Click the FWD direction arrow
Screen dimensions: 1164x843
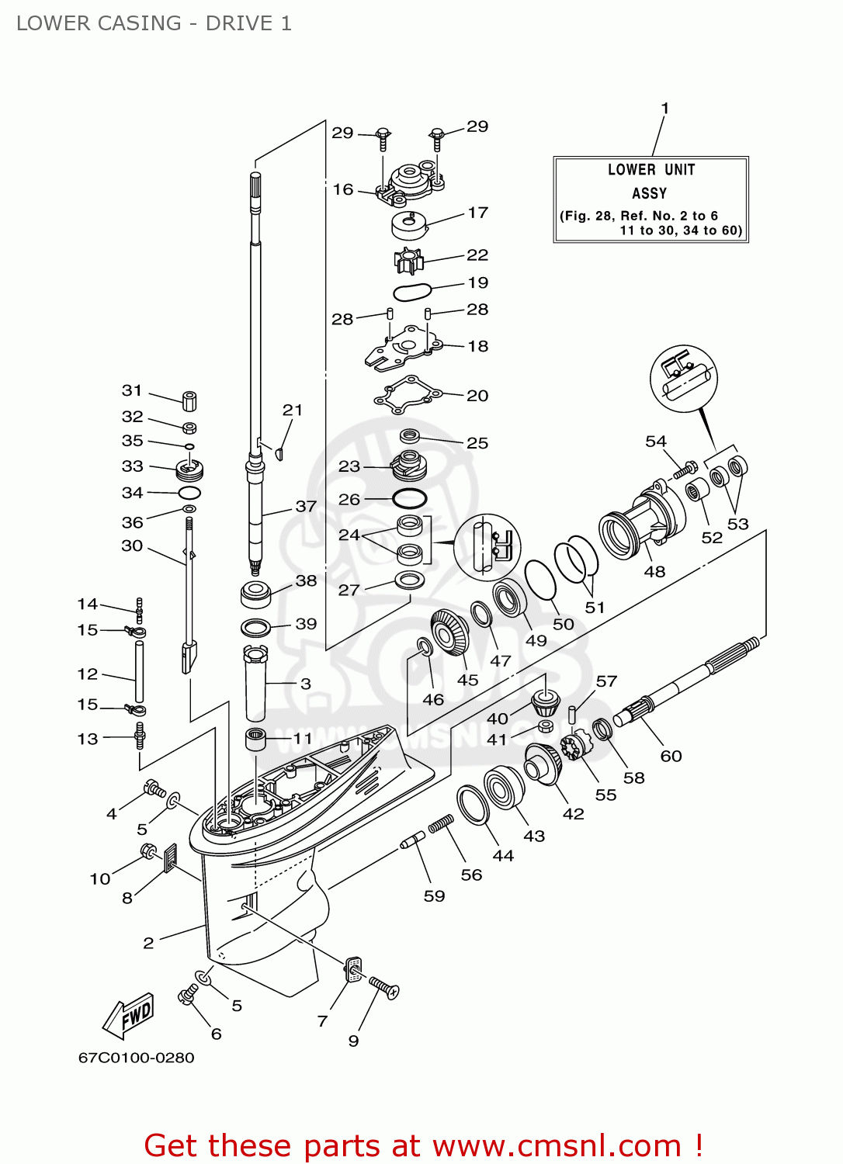pos(130,1016)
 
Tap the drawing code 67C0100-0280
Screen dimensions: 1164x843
pos(137,1058)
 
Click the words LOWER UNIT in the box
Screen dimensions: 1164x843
pos(650,170)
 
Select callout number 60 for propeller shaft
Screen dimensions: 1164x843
pos(671,756)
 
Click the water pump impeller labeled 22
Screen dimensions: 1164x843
pos(408,260)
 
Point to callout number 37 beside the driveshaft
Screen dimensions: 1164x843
pos(306,507)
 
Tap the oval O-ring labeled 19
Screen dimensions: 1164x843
pos(411,293)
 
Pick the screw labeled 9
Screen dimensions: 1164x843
pos(383,987)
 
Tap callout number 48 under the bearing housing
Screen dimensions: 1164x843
pos(654,572)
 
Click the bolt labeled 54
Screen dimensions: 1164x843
pos(685,469)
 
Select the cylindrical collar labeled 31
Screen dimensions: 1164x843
pos(189,401)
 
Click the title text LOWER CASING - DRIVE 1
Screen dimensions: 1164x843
pos(154,23)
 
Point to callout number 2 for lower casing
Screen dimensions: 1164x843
pos(148,943)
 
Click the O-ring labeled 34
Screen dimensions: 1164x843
pos(189,493)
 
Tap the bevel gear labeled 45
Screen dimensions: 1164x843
pos(449,632)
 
